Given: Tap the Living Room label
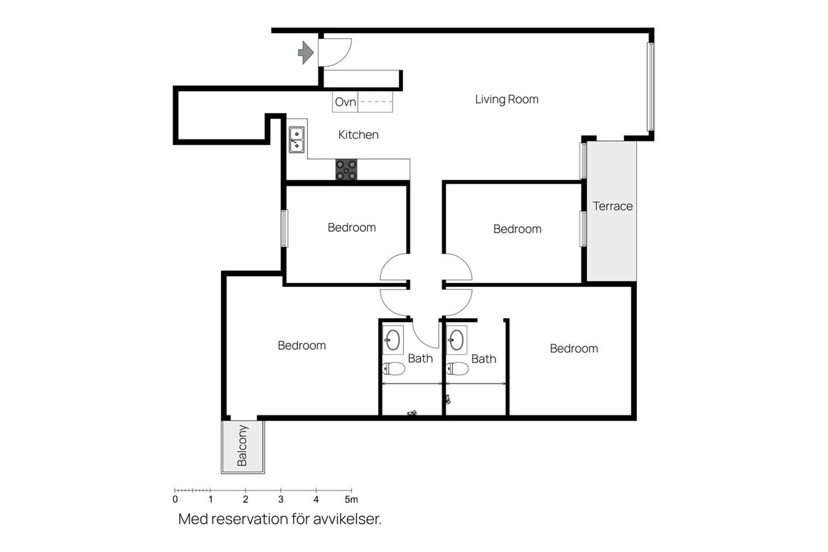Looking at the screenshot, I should pyautogui.click(x=506, y=99).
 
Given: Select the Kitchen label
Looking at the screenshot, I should pyautogui.click(x=358, y=135).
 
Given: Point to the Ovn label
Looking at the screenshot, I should pyautogui.click(x=345, y=103).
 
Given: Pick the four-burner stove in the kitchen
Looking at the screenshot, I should pyautogui.click(x=346, y=170).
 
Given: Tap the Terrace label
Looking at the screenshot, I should pyautogui.click(x=613, y=206).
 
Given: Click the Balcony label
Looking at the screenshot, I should pyautogui.click(x=242, y=448).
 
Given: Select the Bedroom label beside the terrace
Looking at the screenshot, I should pyautogui.click(x=517, y=229).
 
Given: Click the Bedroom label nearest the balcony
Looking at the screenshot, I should pyautogui.click(x=302, y=346).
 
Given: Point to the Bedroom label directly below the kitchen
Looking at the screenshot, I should pyautogui.click(x=351, y=227).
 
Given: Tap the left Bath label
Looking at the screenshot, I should pyautogui.click(x=420, y=358).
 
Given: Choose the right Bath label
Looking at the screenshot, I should pyautogui.click(x=484, y=359).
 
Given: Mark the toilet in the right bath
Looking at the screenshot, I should pyautogui.click(x=457, y=368).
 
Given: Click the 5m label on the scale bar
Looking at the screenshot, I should pyautogui.click(x=352, y=499).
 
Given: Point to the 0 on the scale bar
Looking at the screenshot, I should pyautogui.click(x=175, y=499).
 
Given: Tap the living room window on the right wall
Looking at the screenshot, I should pyautogui.click(x=650, y=86).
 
